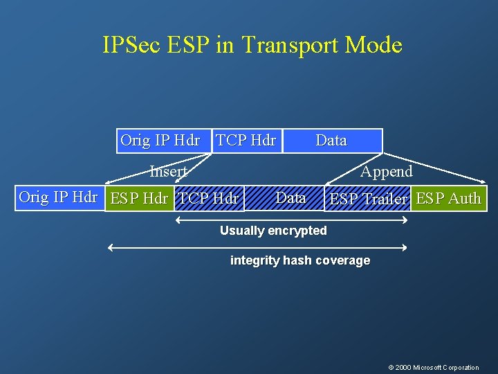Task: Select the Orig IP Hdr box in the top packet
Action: tap(160, 141)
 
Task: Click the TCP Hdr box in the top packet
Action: tap(246, 141)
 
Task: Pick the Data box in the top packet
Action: tap(331, 141)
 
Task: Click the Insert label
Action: tap(169, 171)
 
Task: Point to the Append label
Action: tap(386, 171)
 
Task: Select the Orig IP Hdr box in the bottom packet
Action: tap(58, 197)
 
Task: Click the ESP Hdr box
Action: tap(139, 199)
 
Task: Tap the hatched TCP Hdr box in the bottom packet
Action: tap(209, 199)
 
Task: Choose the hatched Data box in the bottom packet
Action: tap(287, 198)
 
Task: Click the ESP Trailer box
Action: tap(368, 199)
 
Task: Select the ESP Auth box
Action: tap(448, 199)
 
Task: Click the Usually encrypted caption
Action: tap(273, 231)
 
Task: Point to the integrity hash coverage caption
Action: tap(299, 260)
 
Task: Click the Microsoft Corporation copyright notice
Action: tap(433, 367)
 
